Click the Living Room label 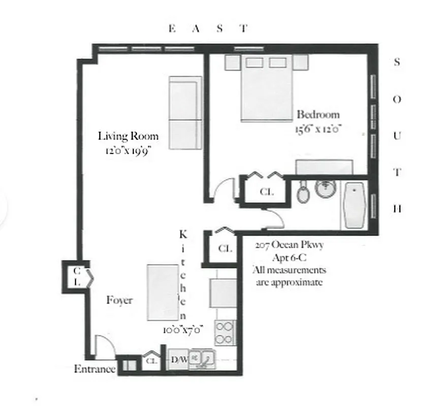point(128,136)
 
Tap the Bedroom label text point(318,114)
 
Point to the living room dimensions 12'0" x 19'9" point(128,151)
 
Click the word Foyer point(119,300)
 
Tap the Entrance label point(95,369)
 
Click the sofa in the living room point(185,113)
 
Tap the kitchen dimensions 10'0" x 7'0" point(183,329)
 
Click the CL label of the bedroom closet point(266,192)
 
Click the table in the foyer point(163,293)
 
